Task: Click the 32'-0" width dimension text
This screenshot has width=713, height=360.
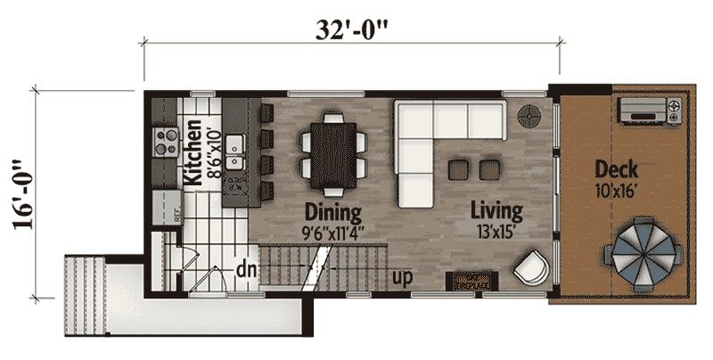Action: (352, 30)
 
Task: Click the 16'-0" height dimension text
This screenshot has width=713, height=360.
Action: (24, 194)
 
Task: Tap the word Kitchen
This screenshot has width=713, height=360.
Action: (193, 152)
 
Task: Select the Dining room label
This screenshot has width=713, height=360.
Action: (332, 212)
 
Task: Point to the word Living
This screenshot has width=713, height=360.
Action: (496, 211)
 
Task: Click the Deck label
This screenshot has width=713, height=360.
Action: (616, 170)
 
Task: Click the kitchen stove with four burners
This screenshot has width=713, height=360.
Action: (165, 142)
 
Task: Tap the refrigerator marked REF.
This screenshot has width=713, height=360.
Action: (168, 208)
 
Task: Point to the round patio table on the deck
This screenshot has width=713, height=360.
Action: (643, 254)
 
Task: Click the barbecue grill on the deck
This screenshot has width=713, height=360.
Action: (650, 110)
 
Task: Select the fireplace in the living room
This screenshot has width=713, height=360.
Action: (471, 281)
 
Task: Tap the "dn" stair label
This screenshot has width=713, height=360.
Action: (246, 271)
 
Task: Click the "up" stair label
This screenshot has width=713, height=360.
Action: (402, 277)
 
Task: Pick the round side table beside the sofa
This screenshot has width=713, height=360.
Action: (529, 117)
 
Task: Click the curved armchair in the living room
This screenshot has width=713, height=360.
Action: (531, 268)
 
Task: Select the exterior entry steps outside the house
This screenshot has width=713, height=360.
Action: (86, 296)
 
